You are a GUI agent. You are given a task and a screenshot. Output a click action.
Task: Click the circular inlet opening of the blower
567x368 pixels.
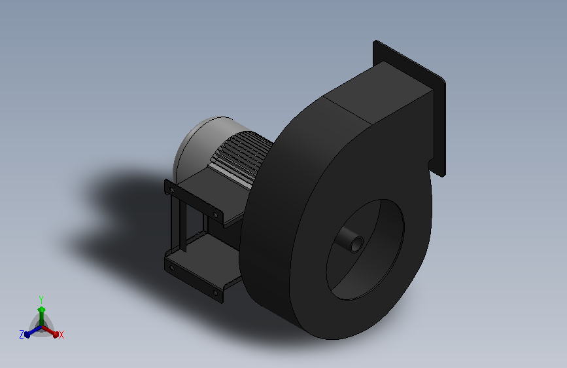(365, 249)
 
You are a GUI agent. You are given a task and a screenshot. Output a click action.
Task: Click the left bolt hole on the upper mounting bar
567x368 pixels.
(172, 189)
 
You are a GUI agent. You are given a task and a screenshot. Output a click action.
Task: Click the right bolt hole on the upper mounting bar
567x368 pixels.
(216, 215)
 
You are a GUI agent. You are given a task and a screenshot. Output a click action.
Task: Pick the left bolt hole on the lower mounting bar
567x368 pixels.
(172, 268)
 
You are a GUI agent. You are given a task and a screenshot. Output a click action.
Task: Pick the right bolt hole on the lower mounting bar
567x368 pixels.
(216, 293)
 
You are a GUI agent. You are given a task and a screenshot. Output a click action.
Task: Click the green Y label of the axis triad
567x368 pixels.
(41, 299)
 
